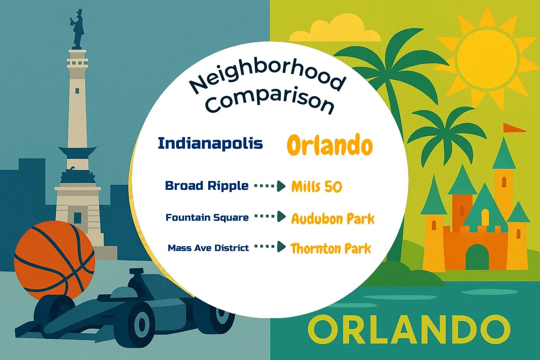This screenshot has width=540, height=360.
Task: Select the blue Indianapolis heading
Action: coord(210,143)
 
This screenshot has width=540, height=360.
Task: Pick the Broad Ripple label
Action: coord(207,186)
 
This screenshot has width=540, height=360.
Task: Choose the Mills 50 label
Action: coord(316,187)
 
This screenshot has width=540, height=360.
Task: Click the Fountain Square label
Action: coord(207,218)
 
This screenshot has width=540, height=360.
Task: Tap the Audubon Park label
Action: coord(333,219)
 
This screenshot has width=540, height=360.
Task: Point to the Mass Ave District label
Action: coord(208,248)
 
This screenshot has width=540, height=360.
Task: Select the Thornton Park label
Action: coord(330,249)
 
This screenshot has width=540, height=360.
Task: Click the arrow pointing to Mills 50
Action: coord(270,186)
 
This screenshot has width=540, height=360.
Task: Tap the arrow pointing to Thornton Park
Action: coord(270,247)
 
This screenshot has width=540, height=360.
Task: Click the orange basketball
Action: coord(54,260)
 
